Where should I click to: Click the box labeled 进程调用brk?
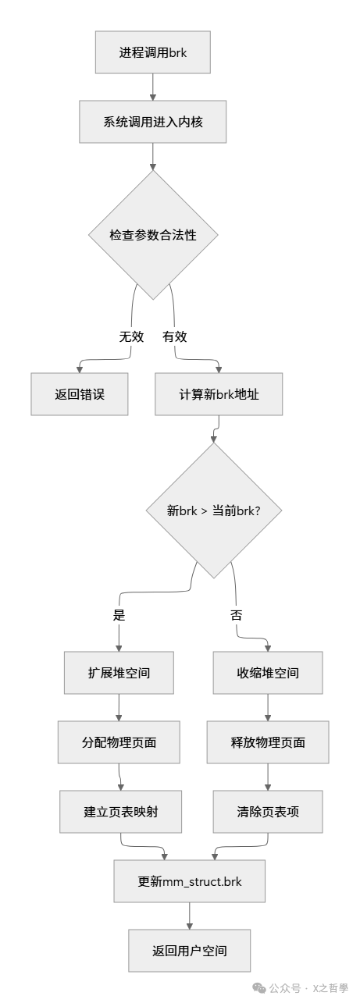152,52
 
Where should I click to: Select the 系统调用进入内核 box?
152,122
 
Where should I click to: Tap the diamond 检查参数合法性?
152,234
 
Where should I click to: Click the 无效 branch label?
131,336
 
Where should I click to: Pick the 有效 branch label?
174,336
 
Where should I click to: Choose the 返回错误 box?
80,393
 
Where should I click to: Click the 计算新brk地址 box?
219,393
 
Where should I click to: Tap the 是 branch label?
119,614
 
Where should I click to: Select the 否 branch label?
236,614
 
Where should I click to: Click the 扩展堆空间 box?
119,673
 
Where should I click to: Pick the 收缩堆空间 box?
268,673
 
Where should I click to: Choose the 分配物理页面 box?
119,742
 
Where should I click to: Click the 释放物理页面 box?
268,742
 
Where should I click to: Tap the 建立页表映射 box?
120,811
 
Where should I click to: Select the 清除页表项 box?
268,811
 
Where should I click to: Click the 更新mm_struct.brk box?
189,881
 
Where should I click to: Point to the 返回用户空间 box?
189,950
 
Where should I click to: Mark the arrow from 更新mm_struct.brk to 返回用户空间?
189,916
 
